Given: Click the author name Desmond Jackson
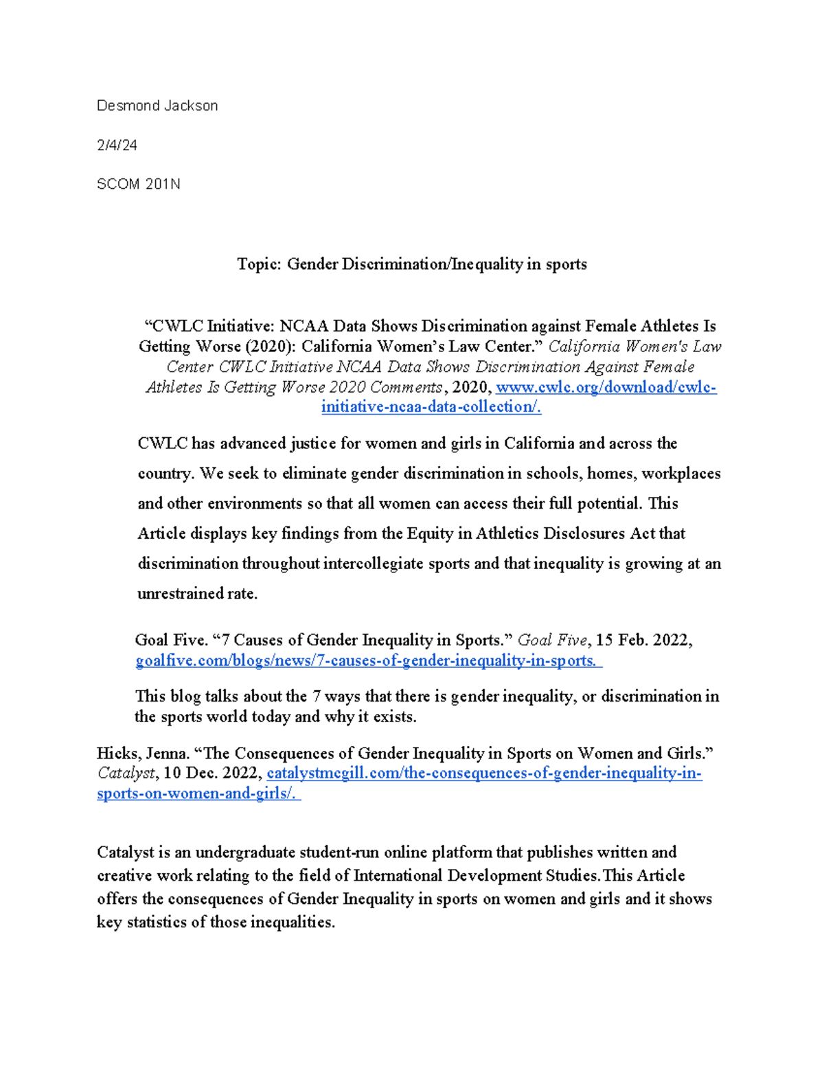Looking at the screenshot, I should [x=157, y=106].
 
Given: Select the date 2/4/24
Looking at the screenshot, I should [x=117, y=145].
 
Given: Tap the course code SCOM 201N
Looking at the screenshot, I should [x=138, y=184].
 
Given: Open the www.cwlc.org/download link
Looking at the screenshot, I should [x=606, y=387].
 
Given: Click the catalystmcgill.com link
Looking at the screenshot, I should [x=483, y=773].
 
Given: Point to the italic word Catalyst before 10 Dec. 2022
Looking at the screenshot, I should [x=126, y=773].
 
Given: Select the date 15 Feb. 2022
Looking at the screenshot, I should [x=641, y=640].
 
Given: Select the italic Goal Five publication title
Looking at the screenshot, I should [x=552, y=640].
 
